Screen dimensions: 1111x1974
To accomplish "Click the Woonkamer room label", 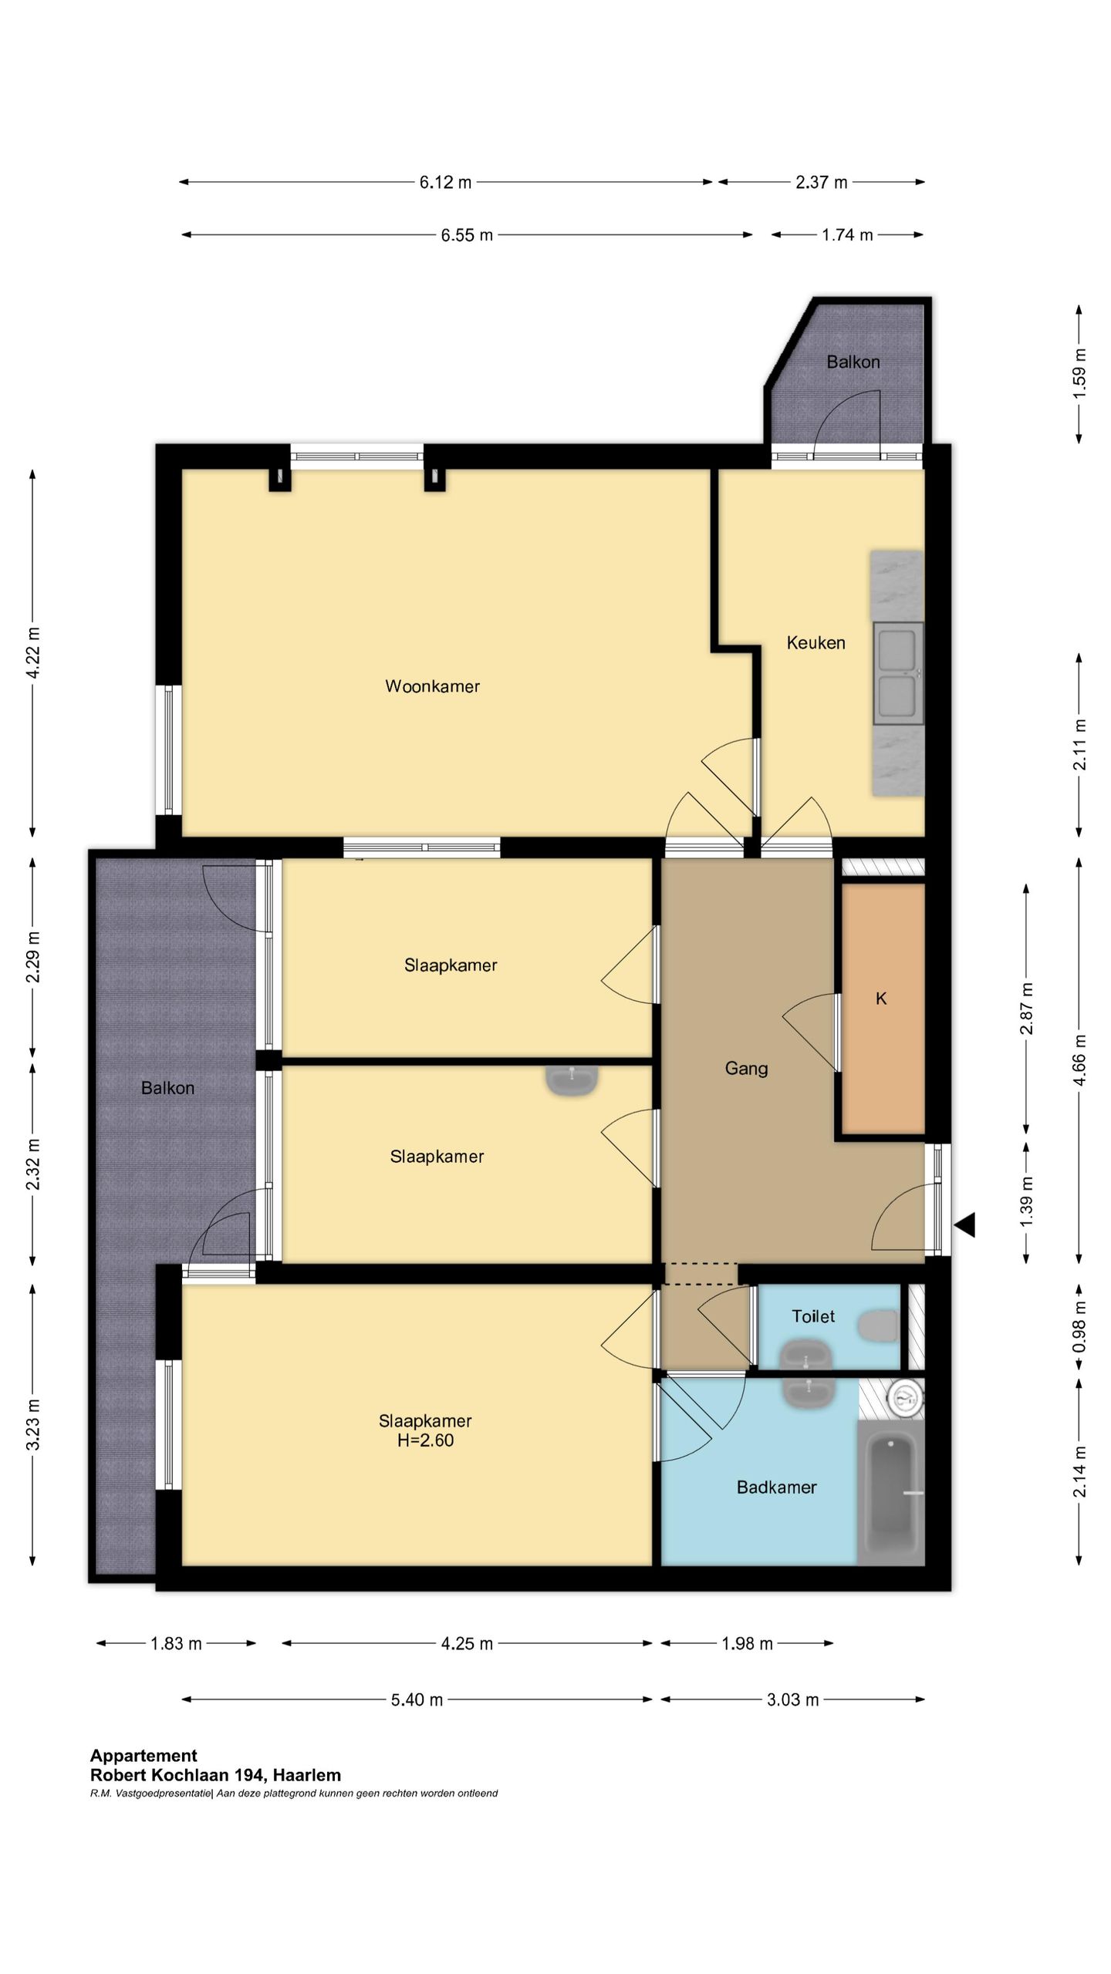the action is click(x=432, y=686).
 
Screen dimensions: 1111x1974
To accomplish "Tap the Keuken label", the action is click(x=816, y=642).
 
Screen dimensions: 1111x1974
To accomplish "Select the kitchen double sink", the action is click(x=898, y=674).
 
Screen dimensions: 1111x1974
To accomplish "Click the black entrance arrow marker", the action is click(x=965, y=1224).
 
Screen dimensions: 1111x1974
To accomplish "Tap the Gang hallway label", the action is click(x=746, y=1068).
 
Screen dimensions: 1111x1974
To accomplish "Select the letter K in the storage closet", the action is click(x=881, y=999).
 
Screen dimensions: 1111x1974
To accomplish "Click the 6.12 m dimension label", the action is click(x=445, y=183).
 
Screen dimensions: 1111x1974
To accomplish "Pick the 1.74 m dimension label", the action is click(x=847, y=235).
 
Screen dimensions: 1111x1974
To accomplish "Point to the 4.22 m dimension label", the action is click(x=33, y=652).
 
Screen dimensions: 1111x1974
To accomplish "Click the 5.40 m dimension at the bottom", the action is click(x=417, y=1700).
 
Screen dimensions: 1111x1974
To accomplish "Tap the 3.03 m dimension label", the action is click(x=792, y=1700).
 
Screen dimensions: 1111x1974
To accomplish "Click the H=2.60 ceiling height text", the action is click(x=425, y=1440).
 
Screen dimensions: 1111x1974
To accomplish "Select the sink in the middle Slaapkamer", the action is click(x=572, y=1080).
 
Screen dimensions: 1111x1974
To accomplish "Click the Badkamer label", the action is click(x=776, y=1487).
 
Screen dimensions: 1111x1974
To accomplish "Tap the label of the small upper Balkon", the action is click(x=853, y=362).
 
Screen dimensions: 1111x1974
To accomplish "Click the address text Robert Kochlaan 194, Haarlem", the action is click(x=215, y=1775).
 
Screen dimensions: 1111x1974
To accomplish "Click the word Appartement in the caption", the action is click(x=144, y=1756).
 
